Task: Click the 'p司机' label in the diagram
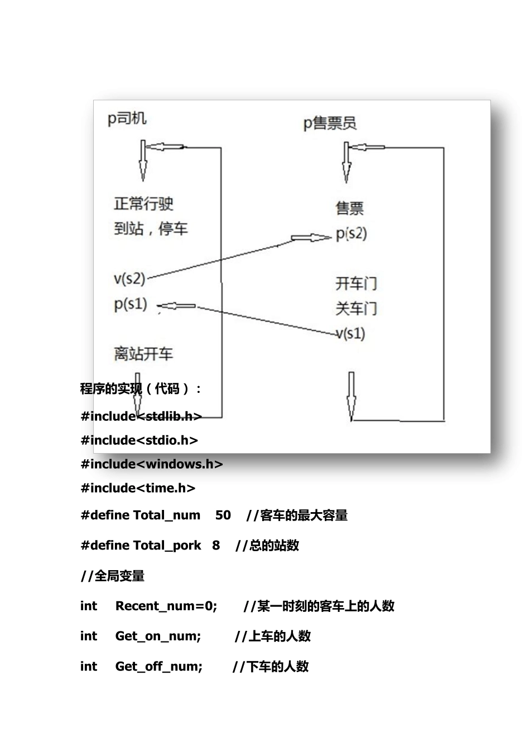pyautogui.click(x=127, y=118)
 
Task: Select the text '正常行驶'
pyautogui.click(x=144, y=203)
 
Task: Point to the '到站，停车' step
pyautogui.click(x=151, y=228)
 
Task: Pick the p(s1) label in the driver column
pyautogui.click(x=131, y=304)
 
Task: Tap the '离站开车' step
pyautogui.click(x=143, y=353)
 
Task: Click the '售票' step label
pyautogui.click(x=350, y=208)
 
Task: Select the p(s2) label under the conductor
pyautogui.click(x=351, y=234)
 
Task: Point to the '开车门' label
pyautogui.click(x=356, y=284)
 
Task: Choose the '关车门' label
pyautogui.click(x=356, y=308)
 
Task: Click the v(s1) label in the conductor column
pyautogui.click(x=351, y=333)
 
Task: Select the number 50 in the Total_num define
pyautogui.click(x=223, y=515)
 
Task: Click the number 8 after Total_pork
pyautogui.click(x=216, y=545)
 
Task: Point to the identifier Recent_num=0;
pyautogui.click(x=166, y=606)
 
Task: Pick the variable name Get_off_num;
pyautogui.click(x=159, y=666)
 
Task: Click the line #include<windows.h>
pyautogui.click(x=152, y=464)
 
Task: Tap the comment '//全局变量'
pyautogui.click(x=113, y=576)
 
